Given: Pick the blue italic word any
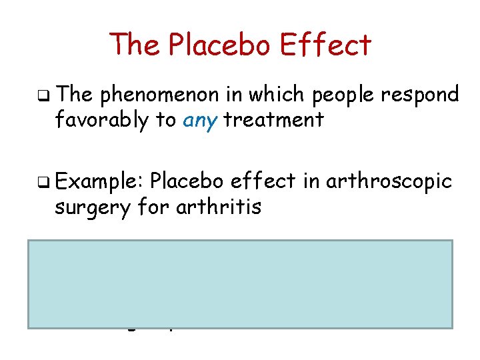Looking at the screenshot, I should pyautogui.click(x=199, y=121).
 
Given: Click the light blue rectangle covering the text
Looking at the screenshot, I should pyautogui.click(x=240, y=283).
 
